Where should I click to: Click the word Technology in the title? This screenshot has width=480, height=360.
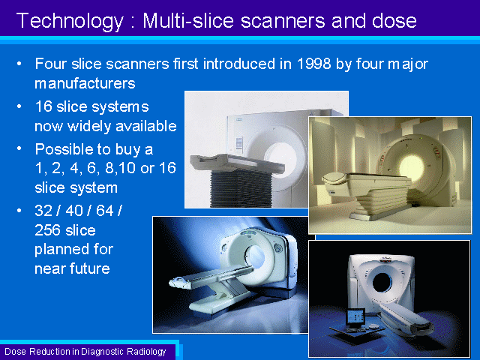click(70, 21)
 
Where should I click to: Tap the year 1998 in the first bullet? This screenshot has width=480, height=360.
click(313, 64)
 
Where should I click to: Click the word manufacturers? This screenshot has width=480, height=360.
click(85, 83)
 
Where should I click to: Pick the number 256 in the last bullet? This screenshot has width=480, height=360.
click(45, 230)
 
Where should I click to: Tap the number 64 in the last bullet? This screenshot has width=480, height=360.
click(105, 211)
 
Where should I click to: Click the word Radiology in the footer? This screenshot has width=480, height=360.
click(146, 352)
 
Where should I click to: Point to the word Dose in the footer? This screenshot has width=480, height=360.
click(16, 351)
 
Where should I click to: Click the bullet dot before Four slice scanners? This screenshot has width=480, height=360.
click(19, 64)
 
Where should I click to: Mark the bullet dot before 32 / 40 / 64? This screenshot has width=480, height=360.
click(19, 211)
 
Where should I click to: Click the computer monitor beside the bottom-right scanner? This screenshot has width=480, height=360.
click(355, 317)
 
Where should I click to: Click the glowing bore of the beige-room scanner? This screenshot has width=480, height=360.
click(412, 167)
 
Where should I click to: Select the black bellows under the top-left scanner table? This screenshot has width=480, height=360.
click(241, 188)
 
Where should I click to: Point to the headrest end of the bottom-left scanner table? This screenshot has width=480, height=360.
click(179, 281)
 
